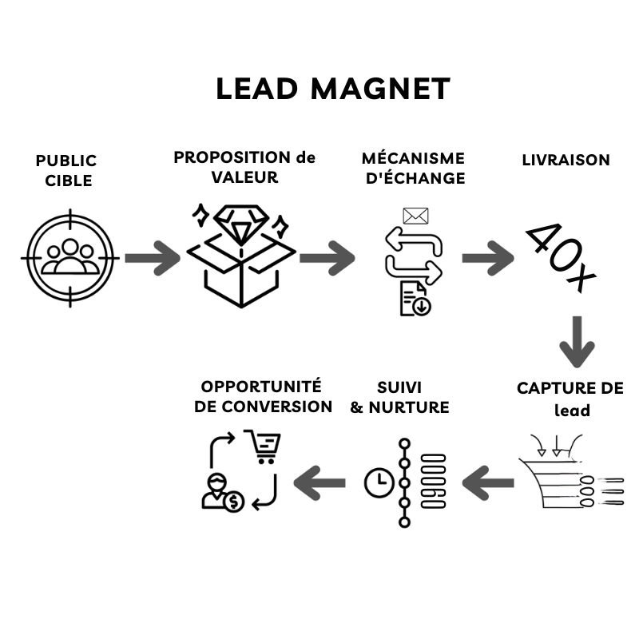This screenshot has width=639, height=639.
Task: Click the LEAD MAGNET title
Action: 333,89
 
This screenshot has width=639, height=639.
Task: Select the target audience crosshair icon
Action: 69,257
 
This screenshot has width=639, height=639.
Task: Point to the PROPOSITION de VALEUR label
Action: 244,167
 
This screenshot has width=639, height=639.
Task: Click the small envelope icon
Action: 415,216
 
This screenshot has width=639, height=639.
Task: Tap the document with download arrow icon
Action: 415,299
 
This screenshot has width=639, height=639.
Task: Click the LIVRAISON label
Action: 566,160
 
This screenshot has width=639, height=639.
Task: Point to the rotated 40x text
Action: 562,257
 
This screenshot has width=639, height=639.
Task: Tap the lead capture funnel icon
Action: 569,471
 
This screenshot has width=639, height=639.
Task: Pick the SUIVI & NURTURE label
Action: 399,397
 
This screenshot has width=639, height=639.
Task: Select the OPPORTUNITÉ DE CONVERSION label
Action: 263,396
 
